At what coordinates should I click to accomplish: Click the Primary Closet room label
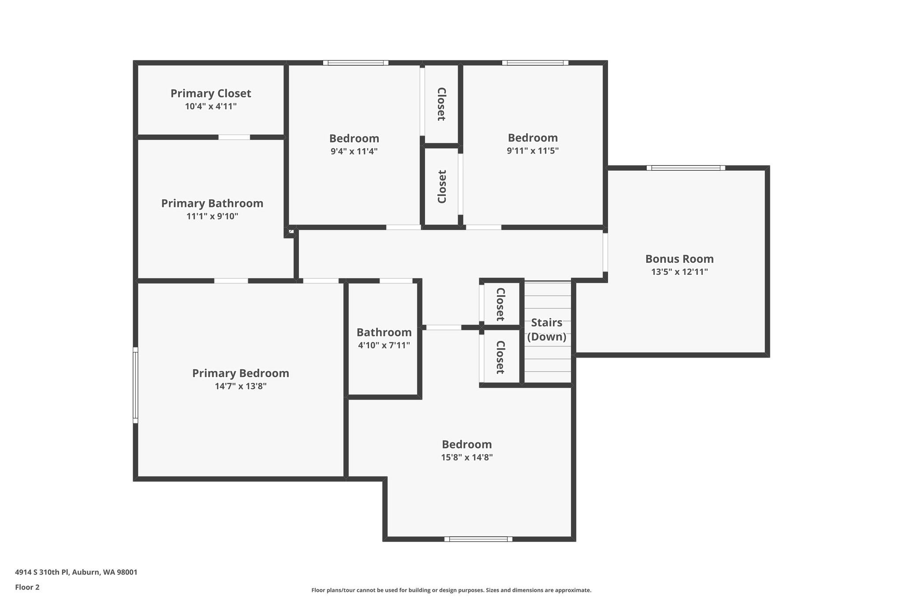point(211,93)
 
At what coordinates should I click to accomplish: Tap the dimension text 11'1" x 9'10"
point(212,217)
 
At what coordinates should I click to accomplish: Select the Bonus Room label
point(679,259)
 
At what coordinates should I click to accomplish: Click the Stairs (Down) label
point(547,329)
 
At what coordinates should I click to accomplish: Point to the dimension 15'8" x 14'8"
point(466,457)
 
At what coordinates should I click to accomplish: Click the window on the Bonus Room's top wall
point(686,168)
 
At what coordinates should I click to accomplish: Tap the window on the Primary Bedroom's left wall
point(135,385)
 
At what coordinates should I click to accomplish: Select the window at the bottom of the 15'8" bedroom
point(478,539)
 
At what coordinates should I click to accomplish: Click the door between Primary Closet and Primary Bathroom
point(234,137)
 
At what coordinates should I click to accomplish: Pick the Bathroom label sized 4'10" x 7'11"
point(384,333)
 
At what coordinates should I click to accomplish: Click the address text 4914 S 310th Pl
point(76,572)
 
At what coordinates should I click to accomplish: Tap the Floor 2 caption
point(27,587)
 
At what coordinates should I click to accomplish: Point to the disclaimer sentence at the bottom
point(451,590)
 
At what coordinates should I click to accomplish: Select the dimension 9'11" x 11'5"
point(533,151)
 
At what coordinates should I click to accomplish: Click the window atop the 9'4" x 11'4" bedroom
point(356,63)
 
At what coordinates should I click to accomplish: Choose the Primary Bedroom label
point(240,374)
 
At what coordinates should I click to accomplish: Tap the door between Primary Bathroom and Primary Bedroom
point(231,281)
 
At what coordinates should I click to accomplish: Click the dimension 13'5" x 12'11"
point(679,272)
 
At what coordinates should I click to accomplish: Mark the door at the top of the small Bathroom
point(396,281)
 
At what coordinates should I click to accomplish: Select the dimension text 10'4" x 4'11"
point(211,106)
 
